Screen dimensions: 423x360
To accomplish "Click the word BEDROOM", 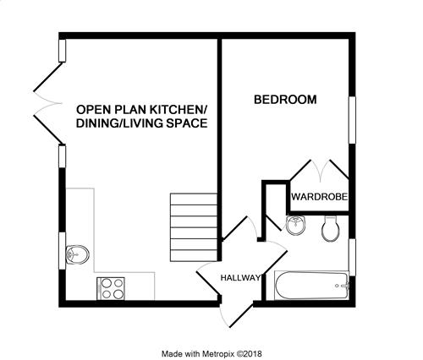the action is [285, 100].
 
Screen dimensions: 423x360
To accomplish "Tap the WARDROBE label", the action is [319, 197].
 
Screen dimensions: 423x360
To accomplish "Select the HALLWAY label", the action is [240, 278].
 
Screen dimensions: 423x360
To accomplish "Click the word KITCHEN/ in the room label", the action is [179, 110].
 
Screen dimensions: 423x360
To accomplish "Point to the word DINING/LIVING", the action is [119, 123].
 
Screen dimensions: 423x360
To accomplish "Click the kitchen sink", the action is [78, 254].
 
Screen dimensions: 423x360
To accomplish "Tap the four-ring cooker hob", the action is [111, 288].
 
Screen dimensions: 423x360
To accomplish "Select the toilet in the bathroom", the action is [330, 228].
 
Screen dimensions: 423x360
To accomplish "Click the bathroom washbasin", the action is [296, 225].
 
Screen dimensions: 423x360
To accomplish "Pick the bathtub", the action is [312, 286].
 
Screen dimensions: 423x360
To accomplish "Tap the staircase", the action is [194, 227].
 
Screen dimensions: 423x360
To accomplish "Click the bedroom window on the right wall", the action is [352, 120].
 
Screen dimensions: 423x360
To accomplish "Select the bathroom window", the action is [352, 258].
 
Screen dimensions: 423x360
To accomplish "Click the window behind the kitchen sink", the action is [62, 251].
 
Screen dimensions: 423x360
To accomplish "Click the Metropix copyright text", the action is [211, 353].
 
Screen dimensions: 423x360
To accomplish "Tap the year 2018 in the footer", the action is [254, 353].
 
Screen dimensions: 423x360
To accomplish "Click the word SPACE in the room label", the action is [187, 123].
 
